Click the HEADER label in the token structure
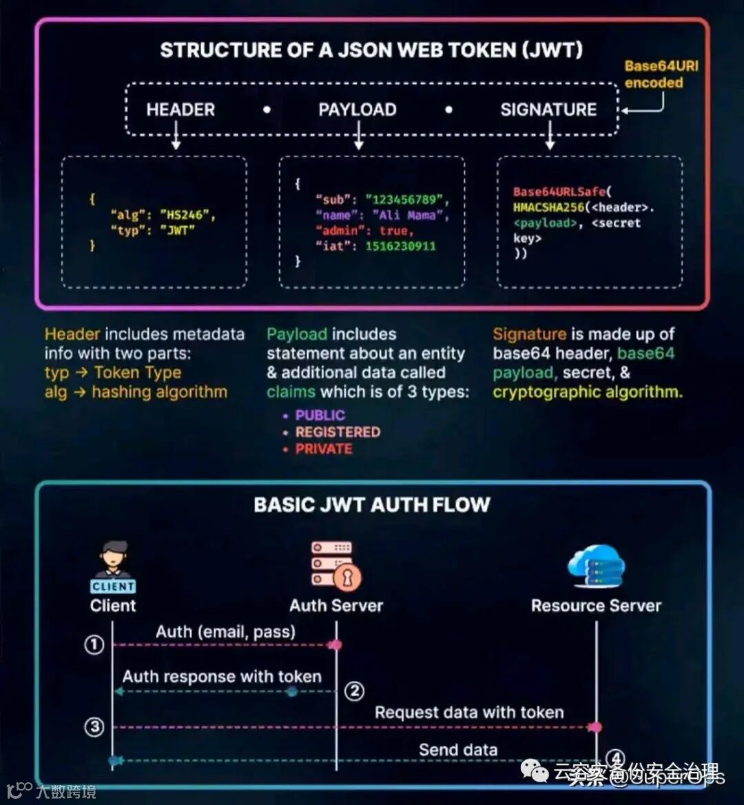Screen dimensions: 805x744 (180, 110)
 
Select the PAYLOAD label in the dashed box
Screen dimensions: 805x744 (357, 110)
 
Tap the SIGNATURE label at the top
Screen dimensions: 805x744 (548, 110)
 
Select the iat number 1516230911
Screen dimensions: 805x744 (401, 246)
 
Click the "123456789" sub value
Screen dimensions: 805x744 (406, 200)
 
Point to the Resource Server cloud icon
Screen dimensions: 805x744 (596, 565)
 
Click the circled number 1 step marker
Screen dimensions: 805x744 (94, 645)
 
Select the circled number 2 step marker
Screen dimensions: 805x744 (354, 691)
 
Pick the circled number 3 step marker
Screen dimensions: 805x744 (94, 727)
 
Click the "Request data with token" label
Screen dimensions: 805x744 (468, 712)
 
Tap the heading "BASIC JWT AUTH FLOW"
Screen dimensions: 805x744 (371, 505)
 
